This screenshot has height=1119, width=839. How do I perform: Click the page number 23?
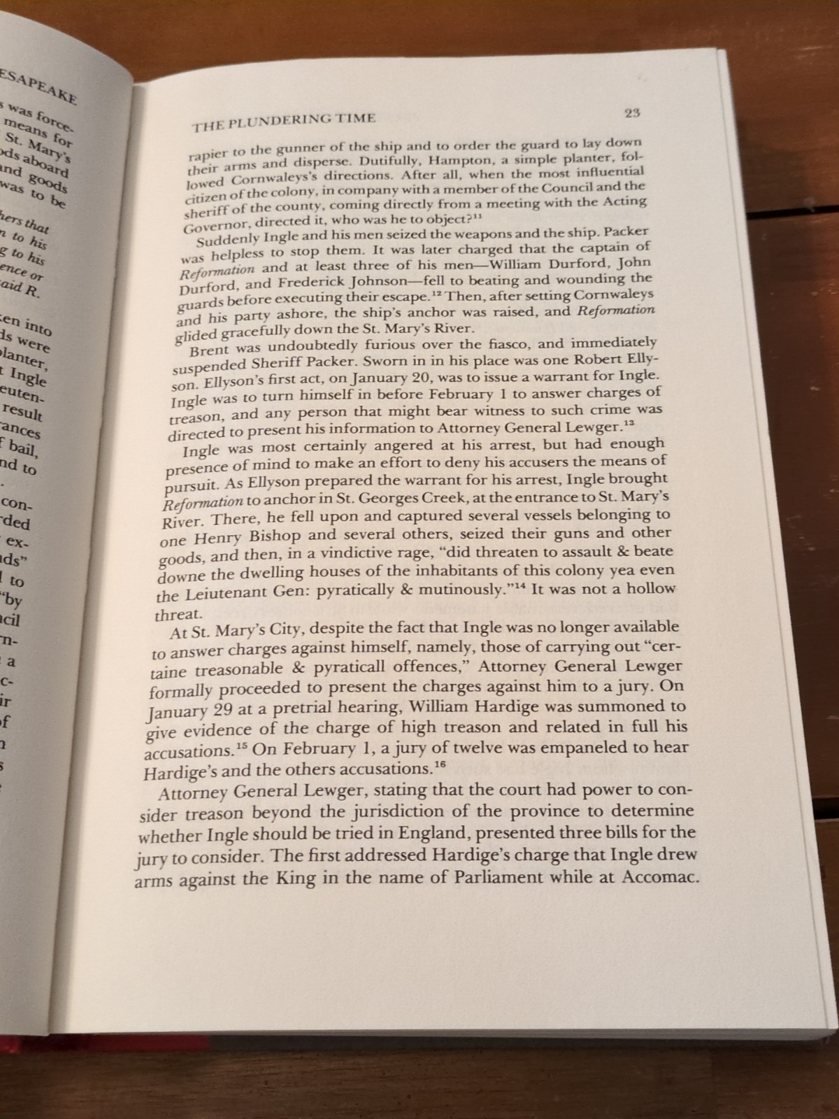(x=632, y=113)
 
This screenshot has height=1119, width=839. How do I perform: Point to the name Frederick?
(x=310, y=283)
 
